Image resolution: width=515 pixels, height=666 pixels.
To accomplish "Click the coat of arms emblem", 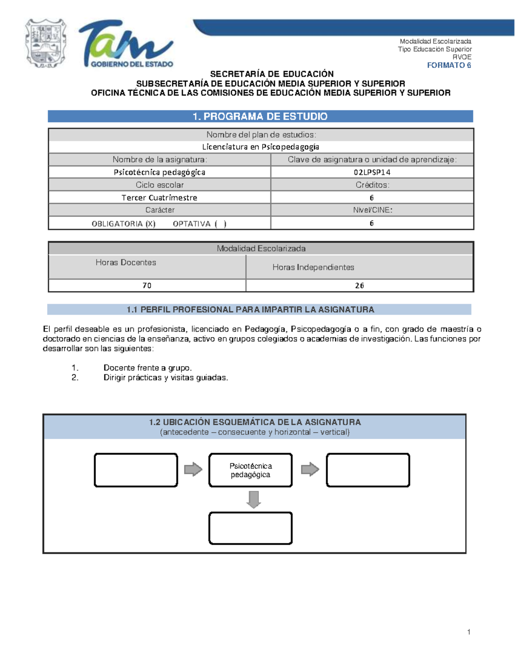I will tap(46, 43).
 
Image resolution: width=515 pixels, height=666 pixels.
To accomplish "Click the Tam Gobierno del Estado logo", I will tap(126, 44).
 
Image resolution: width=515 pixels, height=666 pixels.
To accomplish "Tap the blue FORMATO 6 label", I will tap(449, 65).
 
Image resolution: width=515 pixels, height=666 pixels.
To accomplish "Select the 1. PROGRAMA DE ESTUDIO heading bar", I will tap(260, 116).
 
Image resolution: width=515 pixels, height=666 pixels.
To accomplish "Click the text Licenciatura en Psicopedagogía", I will tap(261, 147).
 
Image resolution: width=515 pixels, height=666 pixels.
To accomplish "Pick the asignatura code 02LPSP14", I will tap(372, 172).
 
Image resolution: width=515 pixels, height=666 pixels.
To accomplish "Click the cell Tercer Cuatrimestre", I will tap(159, 198).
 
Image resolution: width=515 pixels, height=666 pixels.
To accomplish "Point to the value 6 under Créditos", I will tap(372, 198).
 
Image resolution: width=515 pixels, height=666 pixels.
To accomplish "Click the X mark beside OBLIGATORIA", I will tap(150, 223).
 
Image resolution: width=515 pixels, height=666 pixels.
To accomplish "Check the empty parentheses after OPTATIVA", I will tap(221, 223).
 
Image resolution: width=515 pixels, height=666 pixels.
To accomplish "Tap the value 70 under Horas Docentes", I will tap(147, 286).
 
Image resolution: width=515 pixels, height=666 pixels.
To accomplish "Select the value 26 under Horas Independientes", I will tap(359, 286).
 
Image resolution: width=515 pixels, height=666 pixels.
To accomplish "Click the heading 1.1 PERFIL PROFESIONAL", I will tap(250, 310).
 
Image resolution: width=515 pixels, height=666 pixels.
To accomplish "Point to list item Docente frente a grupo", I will tap(148, 368).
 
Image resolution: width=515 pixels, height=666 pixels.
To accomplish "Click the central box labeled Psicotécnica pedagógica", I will tap(251, 470).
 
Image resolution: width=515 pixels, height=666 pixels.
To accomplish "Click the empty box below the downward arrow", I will tap(251, 528).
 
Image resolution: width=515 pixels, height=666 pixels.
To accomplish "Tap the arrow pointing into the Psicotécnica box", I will tap(193, 469).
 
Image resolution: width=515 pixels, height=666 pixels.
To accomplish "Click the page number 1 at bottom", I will tap(469, 632).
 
